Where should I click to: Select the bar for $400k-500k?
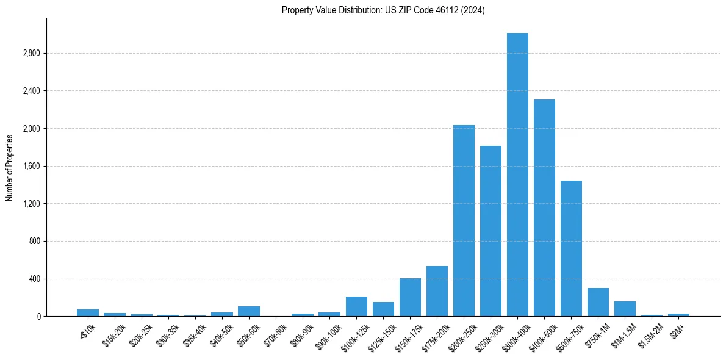coord(544,207)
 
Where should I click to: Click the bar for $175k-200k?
coord(437,291)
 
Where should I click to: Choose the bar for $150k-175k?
coord(410,297)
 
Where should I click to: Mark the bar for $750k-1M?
coord(598,302)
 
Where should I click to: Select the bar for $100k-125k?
coord(356,306)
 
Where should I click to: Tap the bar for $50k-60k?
coord(249,311)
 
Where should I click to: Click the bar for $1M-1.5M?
coord(625,309)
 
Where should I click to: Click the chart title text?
coord(383,10)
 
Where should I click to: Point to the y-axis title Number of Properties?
coord(10,167)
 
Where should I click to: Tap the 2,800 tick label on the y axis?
coord(31,54)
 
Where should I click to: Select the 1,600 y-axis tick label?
coord(31,166)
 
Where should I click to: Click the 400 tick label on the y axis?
coord(34,279)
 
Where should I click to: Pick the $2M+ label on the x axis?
coord(678,330)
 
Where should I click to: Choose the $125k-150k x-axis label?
coord(383,335)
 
